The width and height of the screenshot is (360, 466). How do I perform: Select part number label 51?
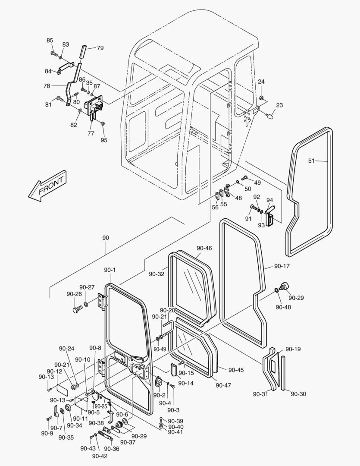pyautogui.click(x=312, y=161)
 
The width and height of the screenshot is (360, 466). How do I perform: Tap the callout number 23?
pyautogui.click(x=279, y=105)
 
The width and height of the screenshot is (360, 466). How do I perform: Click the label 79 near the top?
pyautogui.click(x=100, y=48)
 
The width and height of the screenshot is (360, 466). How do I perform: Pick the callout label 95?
pyautogui.click(x=104, y=140)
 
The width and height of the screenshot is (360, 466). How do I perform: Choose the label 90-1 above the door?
pyautogui.click(x=110, y=270)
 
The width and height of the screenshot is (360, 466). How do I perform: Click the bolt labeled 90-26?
pyautogui.click(x=78, y=309)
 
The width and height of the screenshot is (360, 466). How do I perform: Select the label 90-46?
pyautogui.click(x=204, y=248)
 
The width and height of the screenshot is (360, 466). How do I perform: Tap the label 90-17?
pyautogui.click(x=282, y=266)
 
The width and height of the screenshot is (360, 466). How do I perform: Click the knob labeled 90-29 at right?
pyautogui.click(x=284, y=286)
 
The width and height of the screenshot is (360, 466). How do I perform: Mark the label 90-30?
pyautogui.click(x=298, y=394)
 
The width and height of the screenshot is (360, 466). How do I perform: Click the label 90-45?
pyautogui.click(x=236, y=370)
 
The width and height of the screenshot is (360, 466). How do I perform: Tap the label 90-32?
pyautogui.click(x=157, y=274)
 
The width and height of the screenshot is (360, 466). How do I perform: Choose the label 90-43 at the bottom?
pyautogui.click(x=88, y=448)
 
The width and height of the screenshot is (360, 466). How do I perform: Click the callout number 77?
pyautogui.click(x=91, y=133)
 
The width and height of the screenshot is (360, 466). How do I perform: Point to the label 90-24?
pyautogui.click(x=67, y=349)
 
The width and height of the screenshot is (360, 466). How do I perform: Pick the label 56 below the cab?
pyautogui.click(x=215, y=207)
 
